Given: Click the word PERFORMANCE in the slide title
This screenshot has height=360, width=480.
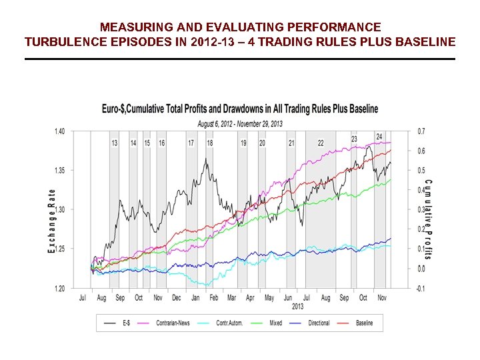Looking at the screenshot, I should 337,27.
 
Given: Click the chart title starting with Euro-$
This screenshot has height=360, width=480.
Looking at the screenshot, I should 239,109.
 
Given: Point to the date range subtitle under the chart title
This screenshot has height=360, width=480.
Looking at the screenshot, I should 239,123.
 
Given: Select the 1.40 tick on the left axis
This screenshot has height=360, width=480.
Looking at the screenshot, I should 59,131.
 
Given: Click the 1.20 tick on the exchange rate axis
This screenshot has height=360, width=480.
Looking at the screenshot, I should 59,289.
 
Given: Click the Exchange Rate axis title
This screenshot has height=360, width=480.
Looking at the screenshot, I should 51,219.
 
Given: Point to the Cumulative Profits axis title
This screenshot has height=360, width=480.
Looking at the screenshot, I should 428,219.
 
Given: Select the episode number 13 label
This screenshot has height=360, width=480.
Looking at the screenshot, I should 115,143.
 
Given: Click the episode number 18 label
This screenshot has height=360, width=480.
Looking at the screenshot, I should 210,143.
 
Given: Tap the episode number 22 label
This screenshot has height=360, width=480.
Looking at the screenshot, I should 321,143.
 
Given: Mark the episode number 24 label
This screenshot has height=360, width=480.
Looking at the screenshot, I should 379,137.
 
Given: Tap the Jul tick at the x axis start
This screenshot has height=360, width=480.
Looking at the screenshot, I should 83,298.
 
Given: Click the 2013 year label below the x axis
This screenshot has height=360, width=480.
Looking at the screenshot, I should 297,307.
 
